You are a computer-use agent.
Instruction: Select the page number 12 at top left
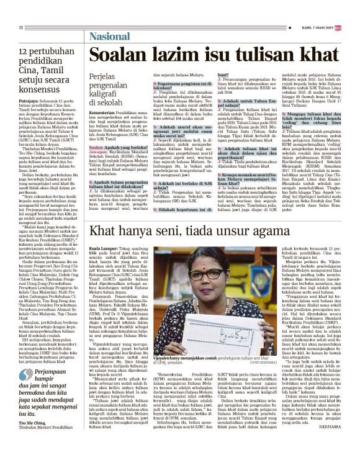pos(21,27)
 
